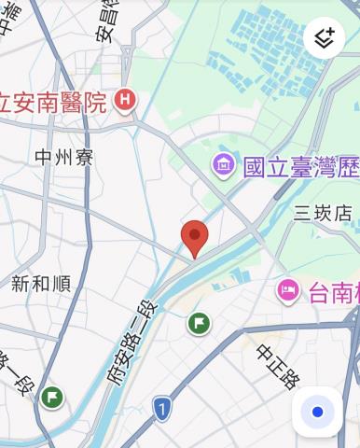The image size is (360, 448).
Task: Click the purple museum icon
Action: click(x=224, y=166)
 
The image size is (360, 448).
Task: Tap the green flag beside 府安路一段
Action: click(x=198, y=324)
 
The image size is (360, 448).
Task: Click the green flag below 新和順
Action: click(x=52, y=397)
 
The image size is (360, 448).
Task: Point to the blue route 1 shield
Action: click(x=162, y=408)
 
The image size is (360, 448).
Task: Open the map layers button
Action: click(x=324, y=38)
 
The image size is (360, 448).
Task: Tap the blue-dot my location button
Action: click(x=317, y=412)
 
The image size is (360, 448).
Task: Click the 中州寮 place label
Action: click(x=63, y=157)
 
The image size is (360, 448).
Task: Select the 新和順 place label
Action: click(x=41, y=284)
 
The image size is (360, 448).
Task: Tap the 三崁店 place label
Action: click(x=323, y=214)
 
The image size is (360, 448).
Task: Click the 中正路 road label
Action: click(x=278, y=367)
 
